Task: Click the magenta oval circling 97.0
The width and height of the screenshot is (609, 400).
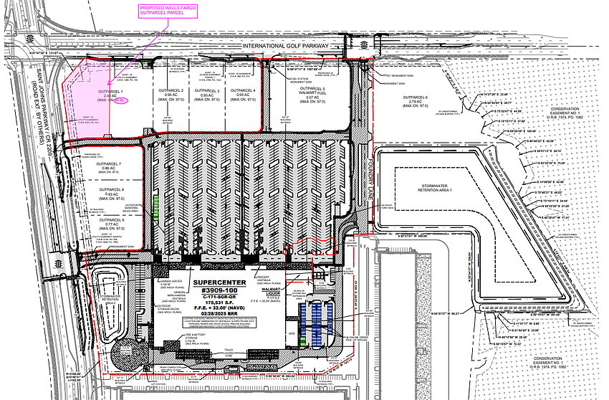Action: pyautogui.click(x=119, y=102)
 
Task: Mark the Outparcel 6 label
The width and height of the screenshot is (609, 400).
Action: pyautogui.click(x=416, y=97)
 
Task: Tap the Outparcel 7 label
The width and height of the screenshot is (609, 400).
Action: pyautogui.click(x=111, y=164)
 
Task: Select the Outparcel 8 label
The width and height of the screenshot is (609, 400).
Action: pyautogui.click(x=111, y=189)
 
